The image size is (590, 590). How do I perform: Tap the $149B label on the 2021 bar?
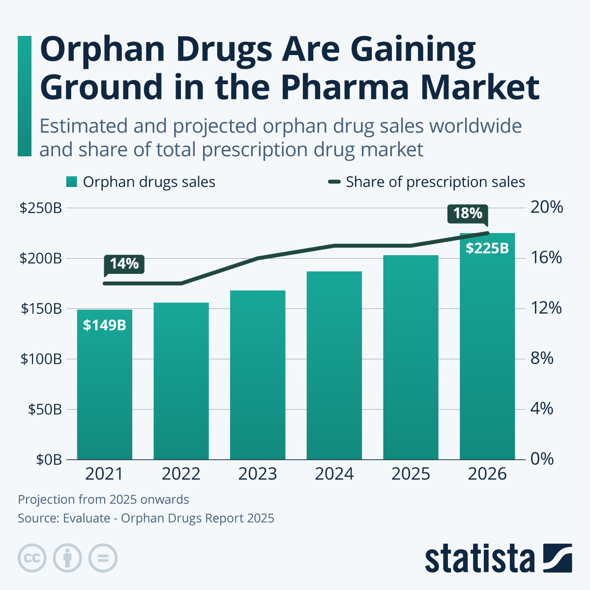(x=104, y=325)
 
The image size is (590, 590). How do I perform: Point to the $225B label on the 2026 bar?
(x=487, y=248)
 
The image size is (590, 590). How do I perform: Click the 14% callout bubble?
(x=124, y=264)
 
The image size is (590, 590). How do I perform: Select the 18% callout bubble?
(x=468, y=213)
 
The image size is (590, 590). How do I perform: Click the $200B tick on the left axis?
(x=40, y=259)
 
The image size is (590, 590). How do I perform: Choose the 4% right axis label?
(x=542, y=409)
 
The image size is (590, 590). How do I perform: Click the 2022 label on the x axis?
(x=181, y=474)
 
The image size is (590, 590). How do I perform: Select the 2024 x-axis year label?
(x=334, y=474)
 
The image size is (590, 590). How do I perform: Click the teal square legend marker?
(x=72, y=182)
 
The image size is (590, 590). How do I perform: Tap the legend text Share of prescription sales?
(x=435, y=182)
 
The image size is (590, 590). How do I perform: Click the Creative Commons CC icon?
(x=32, y=559)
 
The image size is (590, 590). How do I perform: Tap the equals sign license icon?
(x=103, y=559)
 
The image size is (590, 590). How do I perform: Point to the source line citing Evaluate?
(x=146, y=518)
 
